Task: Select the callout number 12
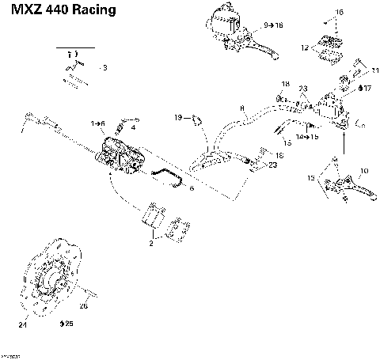(x=305, y=48)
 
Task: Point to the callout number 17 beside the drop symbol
(x=367, y=89)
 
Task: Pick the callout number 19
(x=178, y=118)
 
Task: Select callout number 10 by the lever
(x=364, y=171)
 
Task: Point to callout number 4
(x=133, y=127)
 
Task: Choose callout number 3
(x=104, y=69)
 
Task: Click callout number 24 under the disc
(x=22, y=324)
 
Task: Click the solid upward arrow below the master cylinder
(x=344, y=142)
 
